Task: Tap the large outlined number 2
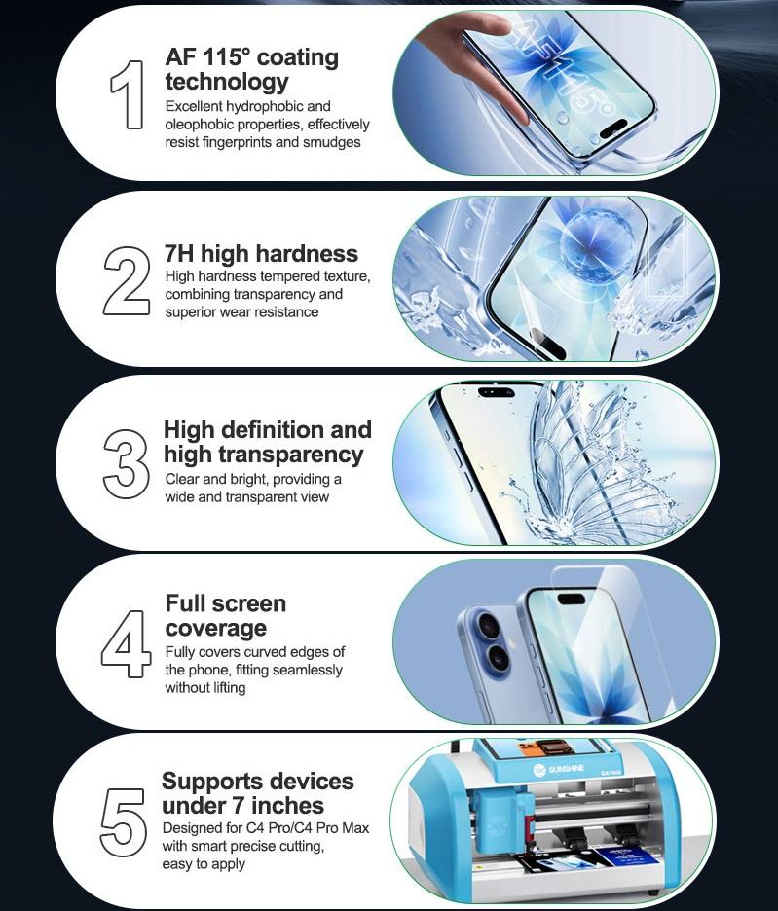click(127, 281)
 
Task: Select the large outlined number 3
click(126, 463)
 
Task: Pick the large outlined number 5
click(123, 822)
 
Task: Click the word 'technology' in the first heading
click(227, 82)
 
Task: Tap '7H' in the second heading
click(179, 254)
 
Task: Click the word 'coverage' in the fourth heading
click(216, 628)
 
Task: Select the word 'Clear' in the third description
click(183, 479)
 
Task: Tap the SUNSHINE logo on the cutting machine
click(558, 769)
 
